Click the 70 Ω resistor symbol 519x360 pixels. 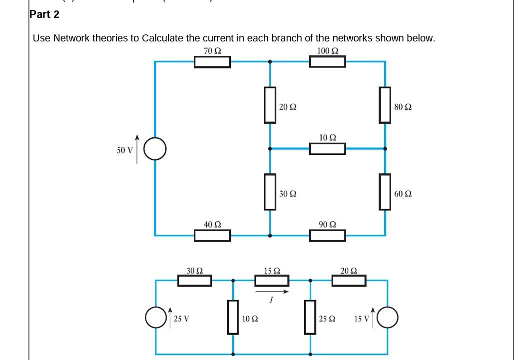point(212,62)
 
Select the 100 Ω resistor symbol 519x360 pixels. point(327,62)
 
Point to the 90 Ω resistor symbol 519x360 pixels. point(327,235)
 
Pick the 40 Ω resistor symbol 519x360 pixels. point(212,235)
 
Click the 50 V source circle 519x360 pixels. point(155,149)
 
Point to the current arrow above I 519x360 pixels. point(272,292)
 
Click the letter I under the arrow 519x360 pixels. point(271,300)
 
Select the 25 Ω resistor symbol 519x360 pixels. point(310,317)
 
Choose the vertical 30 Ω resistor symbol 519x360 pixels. point(270,191)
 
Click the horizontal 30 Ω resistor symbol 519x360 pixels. point(195,280)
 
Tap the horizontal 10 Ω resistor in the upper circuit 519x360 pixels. point(327,148)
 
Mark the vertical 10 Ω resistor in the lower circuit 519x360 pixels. point(233,317)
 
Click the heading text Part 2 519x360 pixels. point(44,14)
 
